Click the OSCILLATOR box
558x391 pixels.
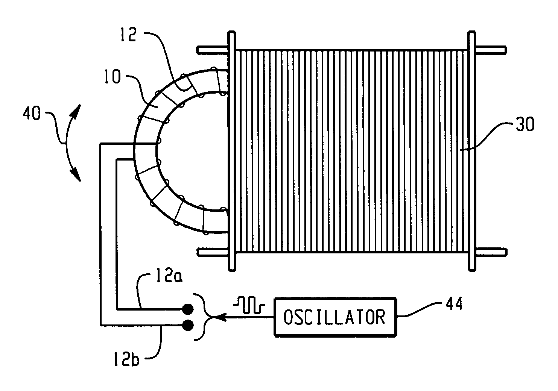335,317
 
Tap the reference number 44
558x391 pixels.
454,304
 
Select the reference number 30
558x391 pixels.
525,124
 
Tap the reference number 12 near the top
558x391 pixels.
128,35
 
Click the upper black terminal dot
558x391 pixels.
188,310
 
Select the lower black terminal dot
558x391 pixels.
188,325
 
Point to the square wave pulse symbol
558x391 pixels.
249,305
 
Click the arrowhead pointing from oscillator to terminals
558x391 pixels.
220,317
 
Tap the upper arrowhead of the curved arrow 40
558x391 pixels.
77,111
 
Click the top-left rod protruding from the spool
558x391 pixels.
213,50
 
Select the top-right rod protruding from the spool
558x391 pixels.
491,50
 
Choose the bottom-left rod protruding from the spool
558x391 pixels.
213,252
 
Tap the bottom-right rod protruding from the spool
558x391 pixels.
491,252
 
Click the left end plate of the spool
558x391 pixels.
232,151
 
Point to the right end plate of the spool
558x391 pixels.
472,151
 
